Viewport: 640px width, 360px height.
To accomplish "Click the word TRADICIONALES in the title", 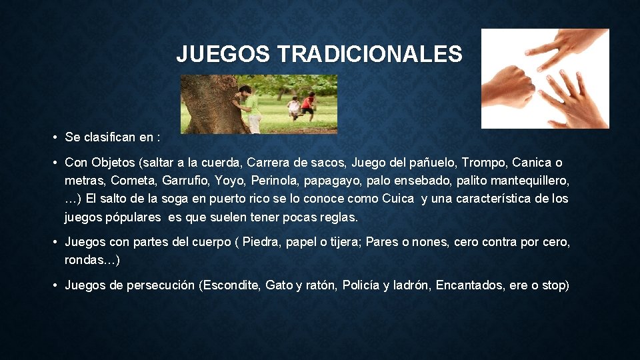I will pyautogui.click(x=371, y=54).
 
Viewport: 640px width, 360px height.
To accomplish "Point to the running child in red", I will pyautogui.click(x=307, y=105).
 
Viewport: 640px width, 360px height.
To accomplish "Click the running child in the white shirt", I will pyautogui.click(x=293, y=107).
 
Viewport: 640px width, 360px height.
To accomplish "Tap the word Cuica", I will pyautogui.click(x=398, y=199).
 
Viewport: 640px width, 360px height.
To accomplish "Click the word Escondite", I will pyautogui.click(x=229, y=285).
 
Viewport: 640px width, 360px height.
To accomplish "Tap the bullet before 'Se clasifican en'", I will pyautogui.click(x=53, y=137).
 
